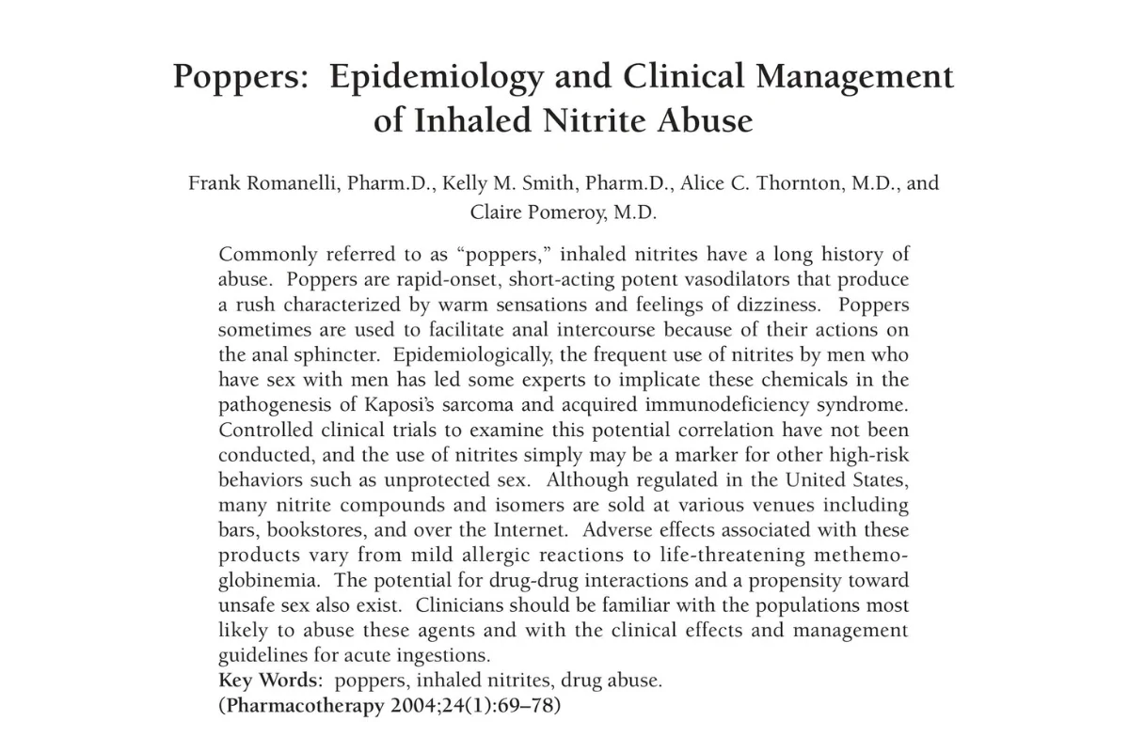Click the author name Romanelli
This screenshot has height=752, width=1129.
[x=286, y=182]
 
